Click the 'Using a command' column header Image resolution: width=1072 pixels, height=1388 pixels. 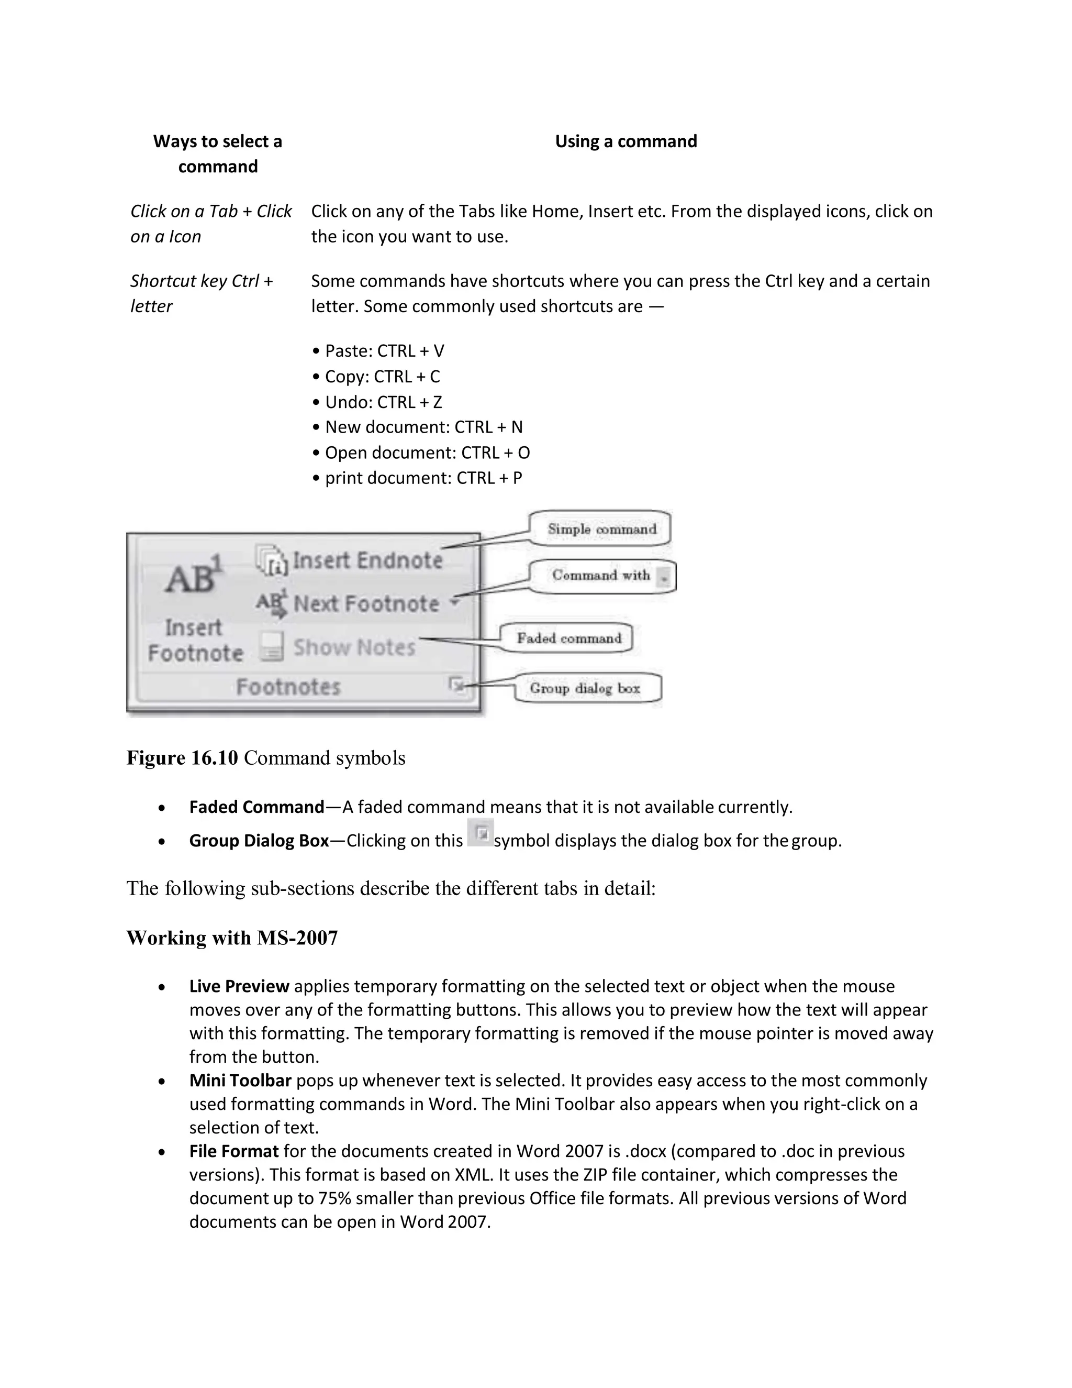click(626, 141)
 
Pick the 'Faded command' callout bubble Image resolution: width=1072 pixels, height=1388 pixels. click(568, 638)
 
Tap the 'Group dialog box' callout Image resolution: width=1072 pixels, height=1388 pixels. click(586, 688)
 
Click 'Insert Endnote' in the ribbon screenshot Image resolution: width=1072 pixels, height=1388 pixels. click(367, 560)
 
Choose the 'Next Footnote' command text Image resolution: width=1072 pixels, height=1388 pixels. click(366, 603)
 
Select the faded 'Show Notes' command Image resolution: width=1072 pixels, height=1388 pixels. click(354, 647)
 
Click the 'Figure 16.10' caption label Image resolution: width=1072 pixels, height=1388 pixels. click(182, 757)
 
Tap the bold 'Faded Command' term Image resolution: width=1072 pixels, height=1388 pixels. click(256, 807)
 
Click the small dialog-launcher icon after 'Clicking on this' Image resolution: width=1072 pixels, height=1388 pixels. click(480, 833)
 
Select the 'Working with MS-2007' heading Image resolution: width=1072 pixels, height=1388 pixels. click(232, 938)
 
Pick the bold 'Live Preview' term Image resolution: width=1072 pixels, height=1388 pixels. click(239, 986)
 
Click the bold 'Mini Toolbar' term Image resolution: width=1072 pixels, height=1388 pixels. click(240, 1081)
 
